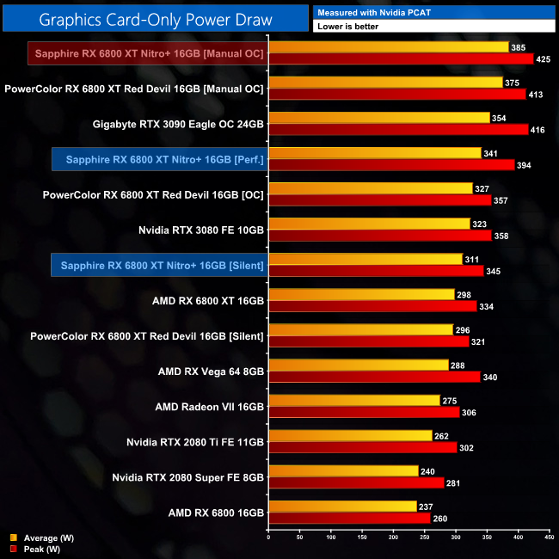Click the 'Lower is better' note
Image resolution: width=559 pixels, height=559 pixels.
(x=347, y=27)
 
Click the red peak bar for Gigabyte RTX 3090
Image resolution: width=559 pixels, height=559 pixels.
(x=398, y=129)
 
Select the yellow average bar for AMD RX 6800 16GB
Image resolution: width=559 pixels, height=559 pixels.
(x=342, y=507)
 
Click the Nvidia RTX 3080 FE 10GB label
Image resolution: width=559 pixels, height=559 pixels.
(x=200, y=230)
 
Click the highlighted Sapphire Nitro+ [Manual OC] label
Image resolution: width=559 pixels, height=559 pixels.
(x=145, y=53)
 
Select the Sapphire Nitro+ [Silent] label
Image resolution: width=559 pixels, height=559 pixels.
(x=157, y=265)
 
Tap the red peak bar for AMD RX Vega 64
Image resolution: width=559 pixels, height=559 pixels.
(x=374, y=377)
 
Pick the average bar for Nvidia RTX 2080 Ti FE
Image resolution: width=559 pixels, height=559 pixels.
(x=350, y=436)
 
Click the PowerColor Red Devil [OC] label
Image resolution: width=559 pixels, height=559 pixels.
(x=153, y=194)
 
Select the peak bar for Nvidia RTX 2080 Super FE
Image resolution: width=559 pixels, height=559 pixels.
(x=356, y=482)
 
